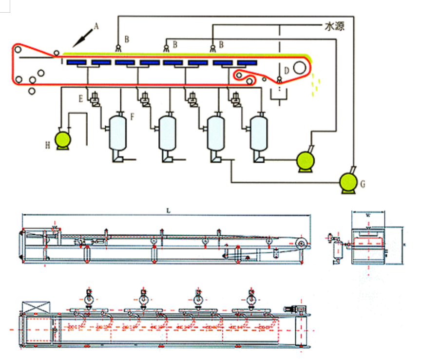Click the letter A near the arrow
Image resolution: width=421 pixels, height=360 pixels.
tap(96, 27)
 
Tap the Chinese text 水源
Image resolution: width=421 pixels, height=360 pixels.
tap(334, 27)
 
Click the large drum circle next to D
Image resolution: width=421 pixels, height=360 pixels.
tap(301, 67)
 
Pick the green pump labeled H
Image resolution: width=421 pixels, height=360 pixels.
tap(62, 140)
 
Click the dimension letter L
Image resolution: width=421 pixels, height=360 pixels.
tap(168, 210)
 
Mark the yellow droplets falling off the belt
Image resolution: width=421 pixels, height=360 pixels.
tap(315, 83)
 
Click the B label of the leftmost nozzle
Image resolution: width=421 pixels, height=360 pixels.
tap(127, 39)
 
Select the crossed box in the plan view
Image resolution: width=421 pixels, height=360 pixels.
tap(36, 308)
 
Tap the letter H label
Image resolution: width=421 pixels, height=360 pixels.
tap(47, 145)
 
